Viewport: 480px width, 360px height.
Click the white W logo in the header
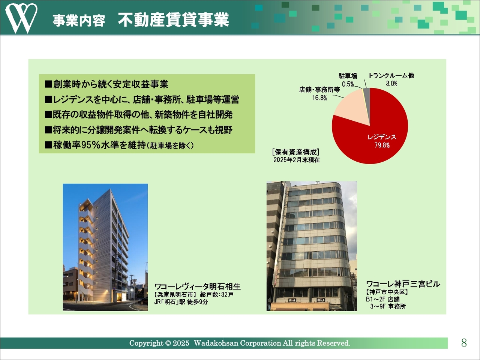click(x=21, y=18)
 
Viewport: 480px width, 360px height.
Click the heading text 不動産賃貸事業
click(x=173, y=20)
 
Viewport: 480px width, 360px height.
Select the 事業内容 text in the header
click(x=79, y=21)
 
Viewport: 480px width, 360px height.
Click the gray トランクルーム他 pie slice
click(x=367, y=96)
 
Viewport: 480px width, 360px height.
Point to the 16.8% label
click(x=319, y=98)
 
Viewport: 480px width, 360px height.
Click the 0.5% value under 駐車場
click(x=348, y=84)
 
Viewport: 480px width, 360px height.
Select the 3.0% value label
click(x=391, y=84)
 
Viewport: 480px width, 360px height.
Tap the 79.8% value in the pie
click(x=382, y=145)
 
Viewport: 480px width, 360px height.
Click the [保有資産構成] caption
click(x=295, y=152)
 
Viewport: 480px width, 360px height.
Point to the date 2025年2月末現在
click(x=297, y=160)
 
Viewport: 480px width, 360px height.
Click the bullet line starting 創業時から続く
click(x=106, y=84)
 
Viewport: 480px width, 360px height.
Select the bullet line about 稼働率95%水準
click(x=119, y=145)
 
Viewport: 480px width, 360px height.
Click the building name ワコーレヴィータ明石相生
click(x=198, y=286)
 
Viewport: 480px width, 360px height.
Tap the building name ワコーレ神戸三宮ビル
click(x=403, y=284)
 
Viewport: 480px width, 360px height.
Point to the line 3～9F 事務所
click(x=388, y=306)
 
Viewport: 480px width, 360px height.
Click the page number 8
click(x=464, y=343)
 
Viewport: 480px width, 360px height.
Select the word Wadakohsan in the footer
click(x=216, y=343)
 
